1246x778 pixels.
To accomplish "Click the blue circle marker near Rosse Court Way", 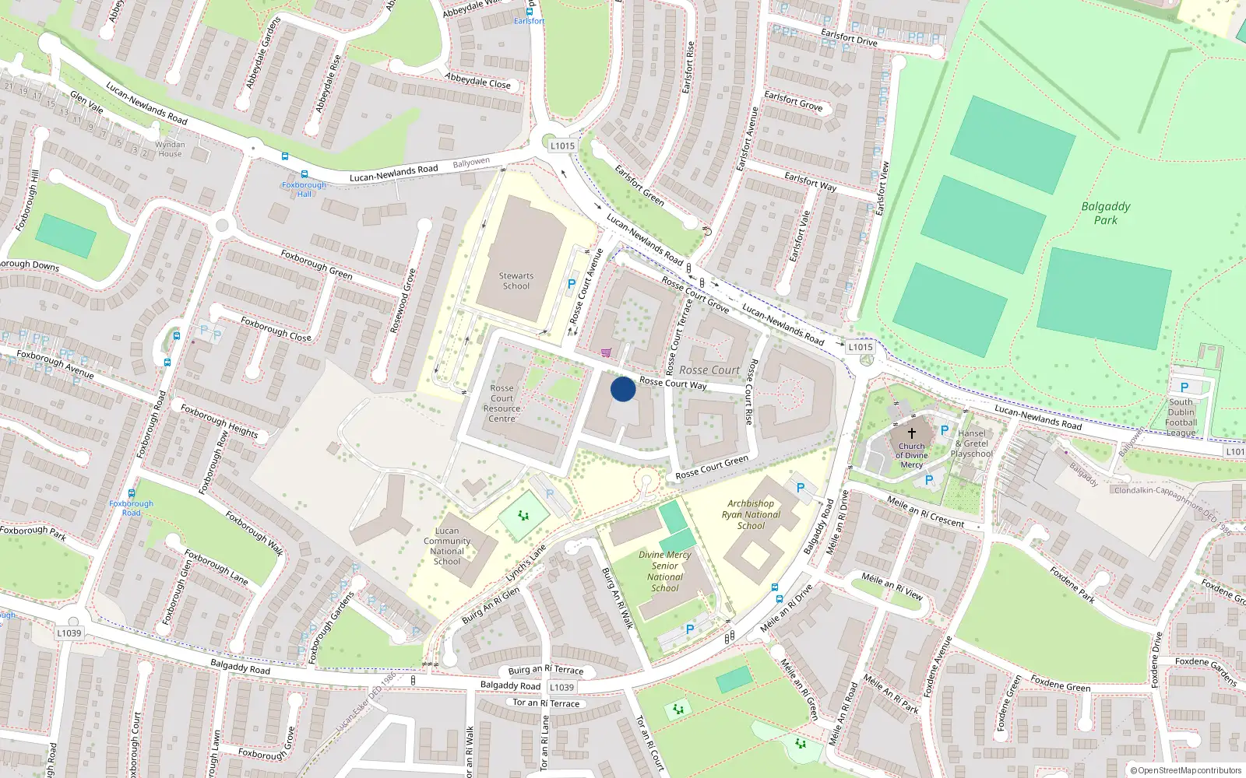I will click(622, 389).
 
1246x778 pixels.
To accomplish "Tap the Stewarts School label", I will click(516, 281).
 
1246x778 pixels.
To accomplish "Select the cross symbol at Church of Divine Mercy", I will click(911, 433).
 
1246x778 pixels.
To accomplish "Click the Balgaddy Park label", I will click(1106, 212).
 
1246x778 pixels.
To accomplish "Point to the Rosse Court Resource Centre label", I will click(502, 403).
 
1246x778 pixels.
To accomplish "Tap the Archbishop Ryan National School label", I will click(751, 514).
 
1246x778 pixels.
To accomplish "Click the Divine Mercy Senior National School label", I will click(665, 571).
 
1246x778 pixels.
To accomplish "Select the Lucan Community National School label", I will click(447, 545).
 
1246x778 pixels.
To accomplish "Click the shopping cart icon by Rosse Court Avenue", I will click(606, 352).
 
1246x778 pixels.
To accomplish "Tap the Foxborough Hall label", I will click(304, 189).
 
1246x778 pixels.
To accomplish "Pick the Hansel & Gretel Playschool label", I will click(971, 443).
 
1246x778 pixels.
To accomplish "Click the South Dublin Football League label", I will click(1181, 417).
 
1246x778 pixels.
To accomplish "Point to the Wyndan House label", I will click(170, 149).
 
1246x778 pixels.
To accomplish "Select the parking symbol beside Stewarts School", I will click(572, 284).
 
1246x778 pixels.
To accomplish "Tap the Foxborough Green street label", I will click(316, 265).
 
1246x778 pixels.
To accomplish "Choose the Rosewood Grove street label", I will click(403, 301).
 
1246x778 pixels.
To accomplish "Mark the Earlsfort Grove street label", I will click(793, 100).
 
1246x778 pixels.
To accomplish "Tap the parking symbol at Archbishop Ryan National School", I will click(800, 488).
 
